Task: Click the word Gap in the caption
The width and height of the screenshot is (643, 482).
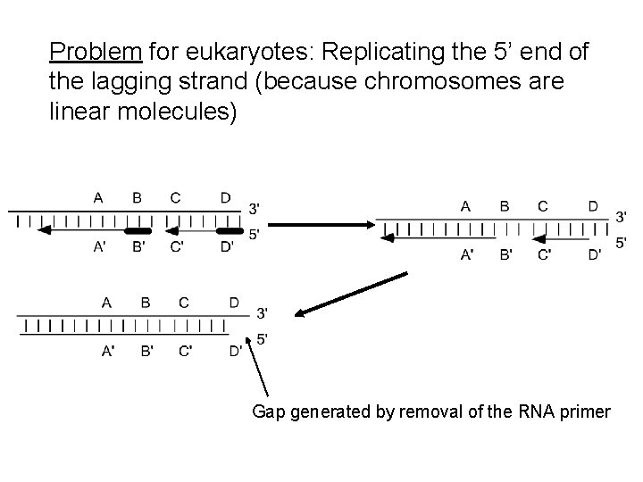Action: tap(271, 411)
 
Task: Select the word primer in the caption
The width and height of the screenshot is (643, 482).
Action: tap(580, 411)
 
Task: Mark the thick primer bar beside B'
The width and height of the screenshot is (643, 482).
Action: tap(137, 230)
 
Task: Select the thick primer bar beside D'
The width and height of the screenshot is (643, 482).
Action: tap(230, 230)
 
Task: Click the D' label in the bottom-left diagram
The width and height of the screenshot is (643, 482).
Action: tap(235, 351)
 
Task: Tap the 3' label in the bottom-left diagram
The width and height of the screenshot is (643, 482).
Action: tap(262, 312)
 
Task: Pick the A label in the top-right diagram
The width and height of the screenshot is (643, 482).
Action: tap(466, 206)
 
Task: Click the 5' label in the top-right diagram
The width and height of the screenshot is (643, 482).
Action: tap(622, 242)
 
